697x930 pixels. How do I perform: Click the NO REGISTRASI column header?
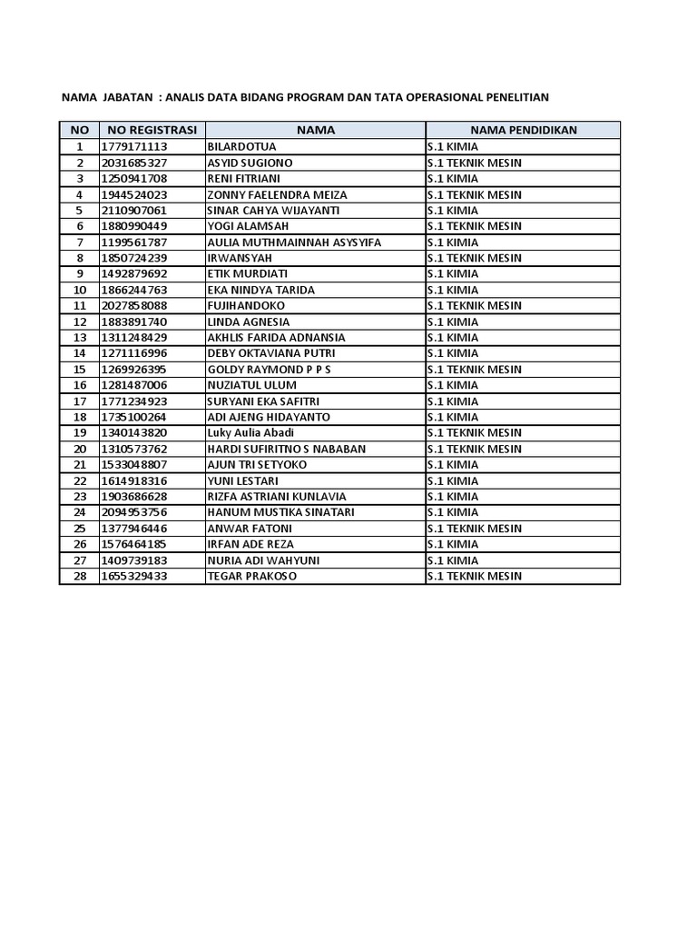click(x=151, y=130)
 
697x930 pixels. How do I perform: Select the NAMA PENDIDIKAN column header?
click(x=523, y=130)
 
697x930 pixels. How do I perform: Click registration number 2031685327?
click(x=134, y=163)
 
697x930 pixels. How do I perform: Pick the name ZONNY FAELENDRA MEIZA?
click(x=277, y=194)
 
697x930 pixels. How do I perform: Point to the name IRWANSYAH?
click(x=241, y=258)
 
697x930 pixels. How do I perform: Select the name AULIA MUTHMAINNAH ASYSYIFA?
click(x=294, y=242)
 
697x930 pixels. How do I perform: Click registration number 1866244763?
click(x=134, y=290)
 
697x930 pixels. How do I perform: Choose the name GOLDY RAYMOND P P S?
click(x=270, y=370)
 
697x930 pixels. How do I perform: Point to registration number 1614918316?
click(x=134, y=480)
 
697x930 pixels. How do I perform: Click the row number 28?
click(x=79, y=576)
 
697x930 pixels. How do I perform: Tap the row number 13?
click(x=79, y=338)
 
